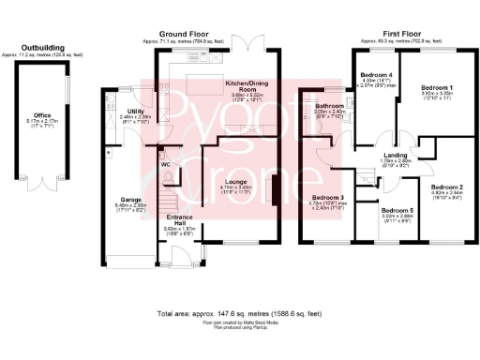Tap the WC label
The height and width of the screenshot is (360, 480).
[x=165, y=164]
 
